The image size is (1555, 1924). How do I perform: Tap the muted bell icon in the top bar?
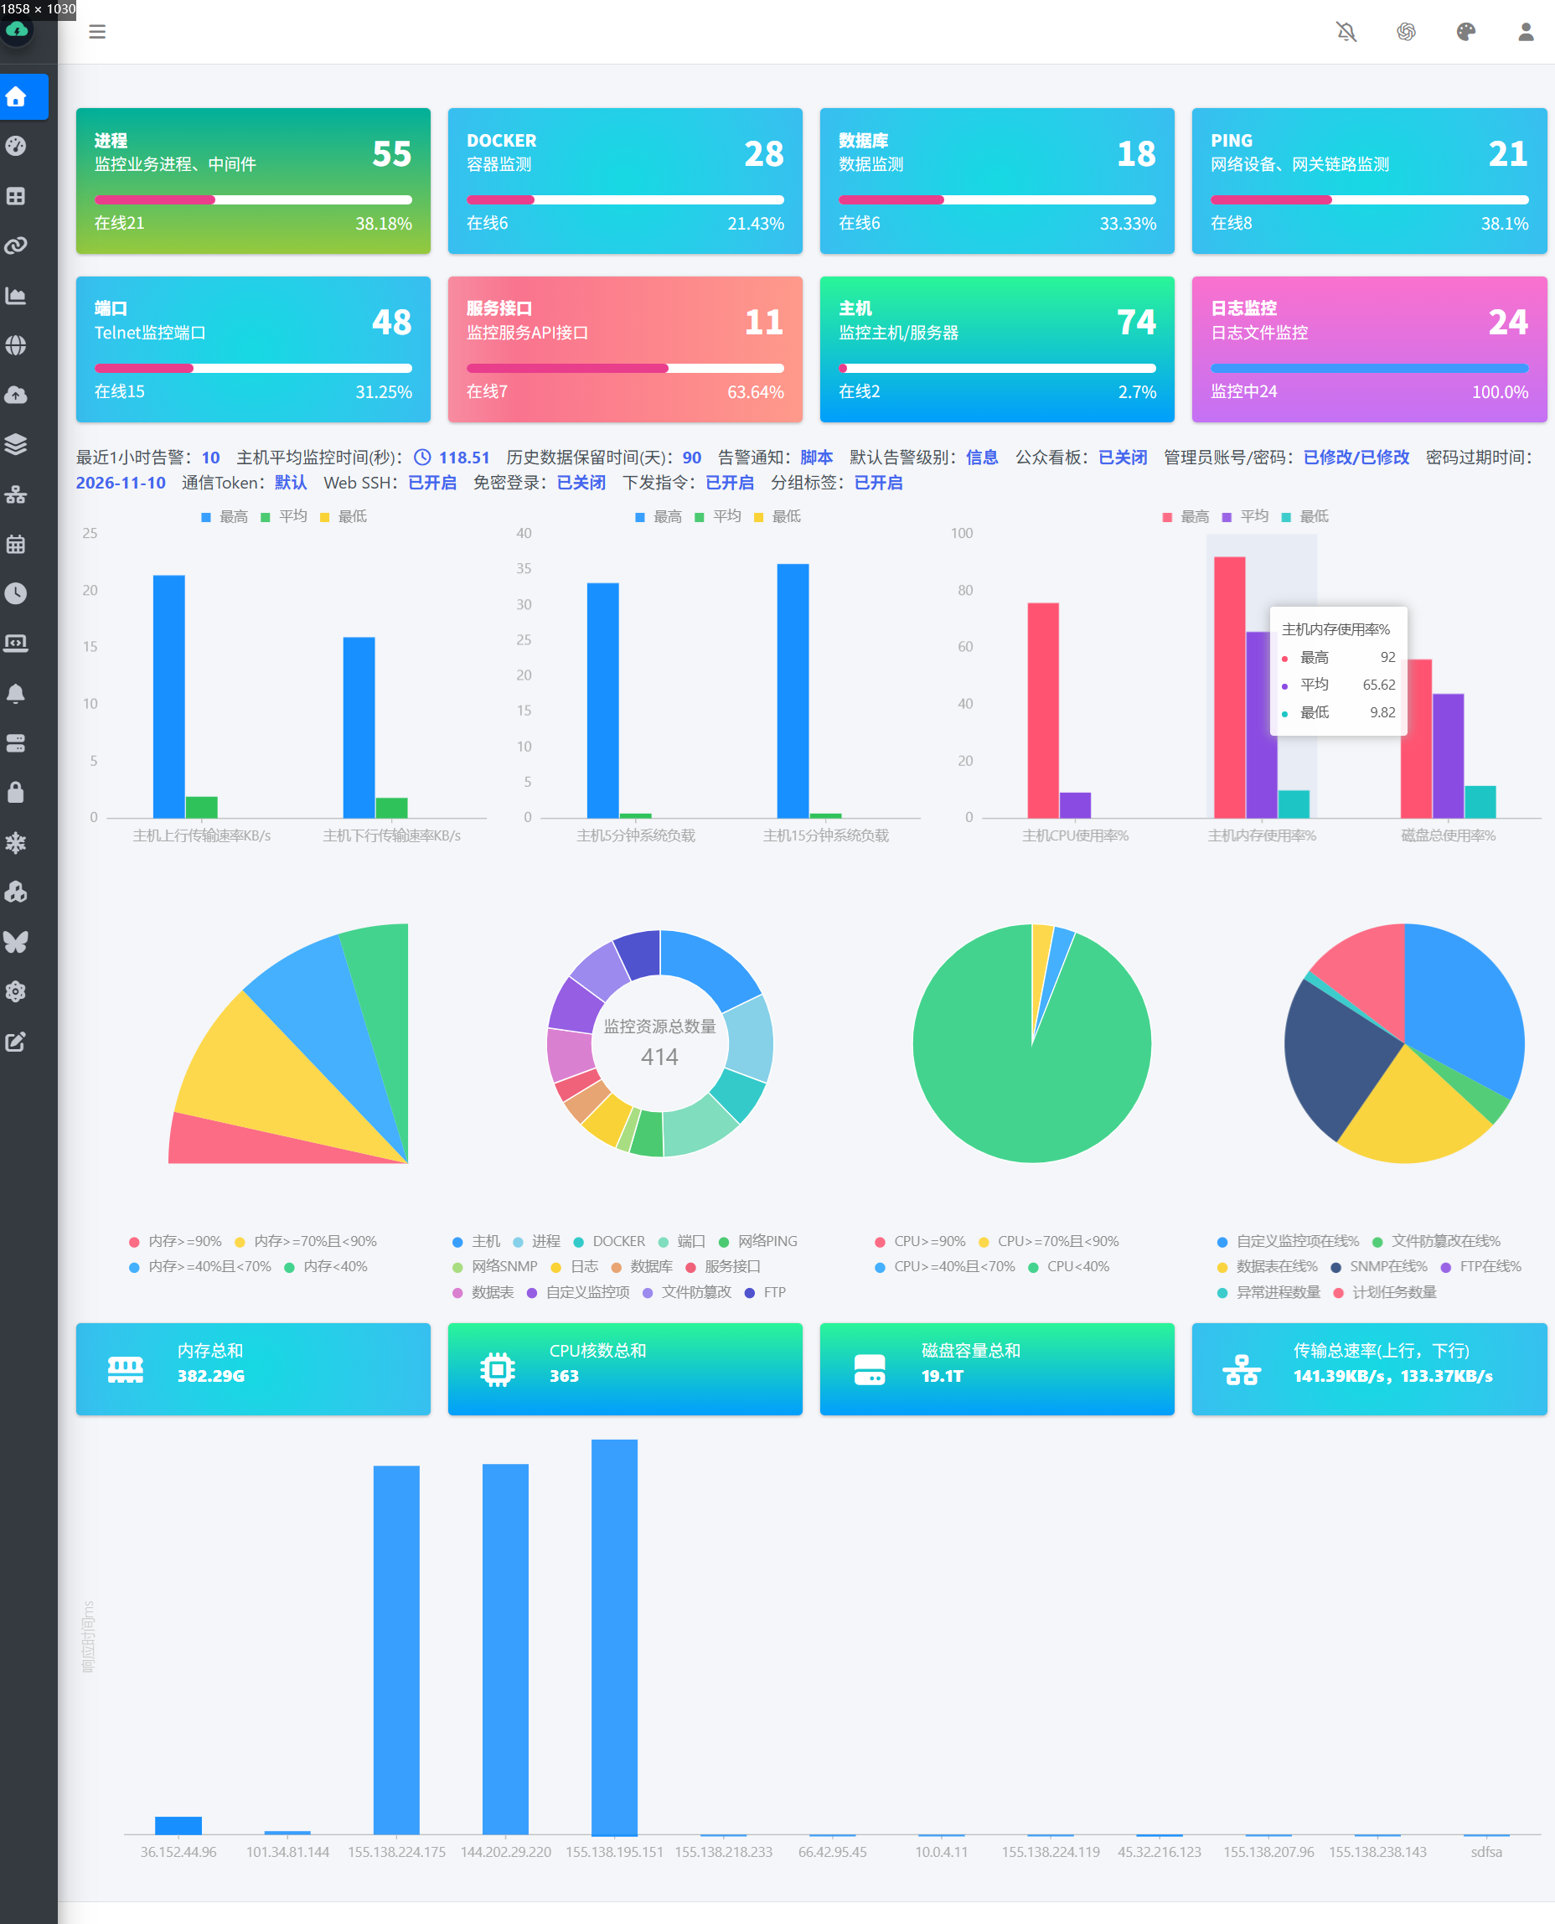coord(1346,32)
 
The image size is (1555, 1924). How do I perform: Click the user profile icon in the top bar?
coord(1526,32)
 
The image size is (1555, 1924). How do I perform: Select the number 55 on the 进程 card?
coord(392,154)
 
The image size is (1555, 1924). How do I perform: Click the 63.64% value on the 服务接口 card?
coord(755,391)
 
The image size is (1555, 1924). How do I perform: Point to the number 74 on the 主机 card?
coord(1136,322)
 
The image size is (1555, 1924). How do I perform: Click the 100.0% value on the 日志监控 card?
coord(1500,391)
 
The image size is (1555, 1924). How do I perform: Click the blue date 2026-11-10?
coord(121,483)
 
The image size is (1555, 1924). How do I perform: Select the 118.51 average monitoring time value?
coord(464,458)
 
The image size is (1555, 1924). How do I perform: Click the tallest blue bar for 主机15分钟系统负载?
coord(793,690)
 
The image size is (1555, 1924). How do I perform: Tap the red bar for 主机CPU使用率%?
coord(1042,711)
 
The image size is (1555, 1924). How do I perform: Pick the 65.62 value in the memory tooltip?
coord(1378,685)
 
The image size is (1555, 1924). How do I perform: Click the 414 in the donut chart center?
coord(659,1057)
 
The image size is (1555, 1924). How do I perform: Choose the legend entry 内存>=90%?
coord(176,1241)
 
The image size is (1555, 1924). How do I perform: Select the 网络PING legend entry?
coord(757,1241)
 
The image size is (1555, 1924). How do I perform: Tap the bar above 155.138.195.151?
coord(614,1637)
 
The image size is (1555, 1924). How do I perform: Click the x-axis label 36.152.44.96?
coord(178,1851)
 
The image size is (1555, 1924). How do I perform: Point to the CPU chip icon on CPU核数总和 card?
coord(498,1369)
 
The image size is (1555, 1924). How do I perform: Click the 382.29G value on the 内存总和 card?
coord(210,1376)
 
